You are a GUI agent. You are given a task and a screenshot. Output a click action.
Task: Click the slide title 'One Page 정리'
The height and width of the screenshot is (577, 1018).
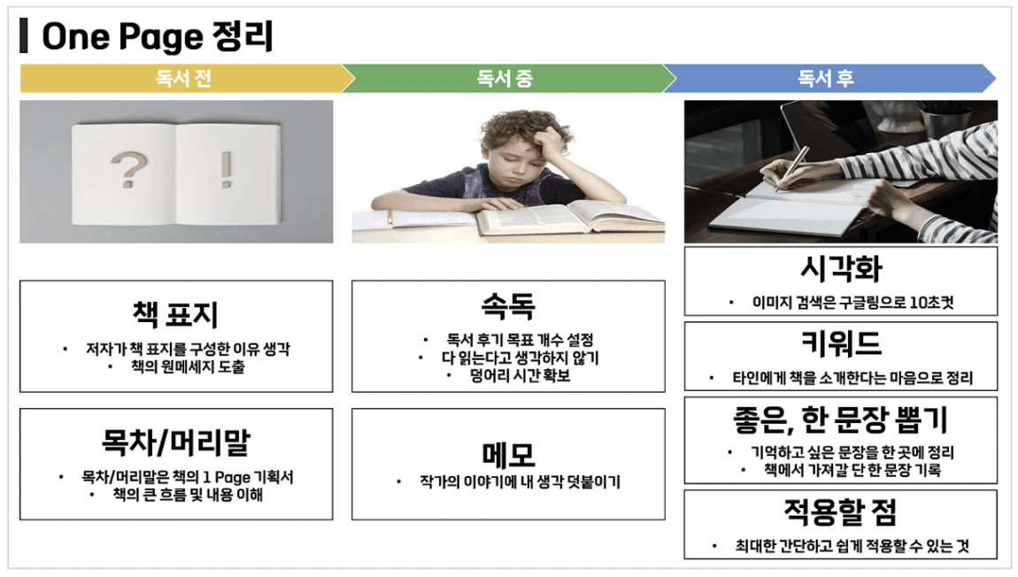pyautogui.click(x=157, y=36)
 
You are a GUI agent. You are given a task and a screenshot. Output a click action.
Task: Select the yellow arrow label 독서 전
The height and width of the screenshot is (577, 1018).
pyautogui.click(x=183, y=79)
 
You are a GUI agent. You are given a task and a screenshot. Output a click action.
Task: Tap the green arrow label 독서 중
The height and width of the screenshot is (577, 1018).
pyautogui.click(x=505, y=79)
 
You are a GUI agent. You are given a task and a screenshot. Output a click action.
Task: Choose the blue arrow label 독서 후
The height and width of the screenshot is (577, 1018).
pyautogui.click(x=825, y=79)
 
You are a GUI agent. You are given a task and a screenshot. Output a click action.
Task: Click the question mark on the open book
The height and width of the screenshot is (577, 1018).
pyautogui.click(x=128, y=169)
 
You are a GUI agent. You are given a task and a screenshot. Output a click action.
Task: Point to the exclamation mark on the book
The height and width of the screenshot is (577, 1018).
pyautogui.click(x=226, y=169)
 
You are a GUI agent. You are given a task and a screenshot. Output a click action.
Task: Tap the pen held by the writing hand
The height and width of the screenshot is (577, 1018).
pyautogui.click(x=793, y=167)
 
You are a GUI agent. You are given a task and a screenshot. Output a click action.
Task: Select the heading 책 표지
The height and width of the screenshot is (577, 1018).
pyautogui.click(x=175, y=315)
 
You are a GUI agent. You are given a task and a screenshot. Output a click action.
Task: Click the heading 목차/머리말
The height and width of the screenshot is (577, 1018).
pyautogui.click(x=175, y=442)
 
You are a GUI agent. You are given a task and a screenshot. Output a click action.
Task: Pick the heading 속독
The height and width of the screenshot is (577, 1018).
pyautogui.click(x=508, y=305)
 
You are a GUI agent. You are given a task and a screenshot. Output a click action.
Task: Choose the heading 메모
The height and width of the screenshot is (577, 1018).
pyautogui.click(x=508, y=454)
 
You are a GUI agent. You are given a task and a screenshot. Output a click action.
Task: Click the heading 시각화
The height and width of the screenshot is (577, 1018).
pyautogui.click(x=841, y=269)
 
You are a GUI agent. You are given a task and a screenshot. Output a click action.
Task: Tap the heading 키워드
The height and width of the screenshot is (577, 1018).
pyautogui.click(x=841, y=342)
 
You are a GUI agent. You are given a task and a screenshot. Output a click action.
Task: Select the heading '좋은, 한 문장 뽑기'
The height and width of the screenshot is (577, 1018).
pyautogui.click(x=841, y=420)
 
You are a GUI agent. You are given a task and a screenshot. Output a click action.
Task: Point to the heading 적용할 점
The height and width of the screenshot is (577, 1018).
pyautogui.click(x=841, y=512)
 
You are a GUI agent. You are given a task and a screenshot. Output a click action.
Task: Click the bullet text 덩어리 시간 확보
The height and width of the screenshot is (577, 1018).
pyautogui.click(x=520, y=375)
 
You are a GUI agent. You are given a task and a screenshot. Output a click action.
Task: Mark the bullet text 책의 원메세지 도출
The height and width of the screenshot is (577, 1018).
pyautogui.click(x=189, y=366)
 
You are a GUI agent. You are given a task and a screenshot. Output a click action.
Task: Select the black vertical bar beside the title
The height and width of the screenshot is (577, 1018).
pyautogui.click(x=24, y=35)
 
